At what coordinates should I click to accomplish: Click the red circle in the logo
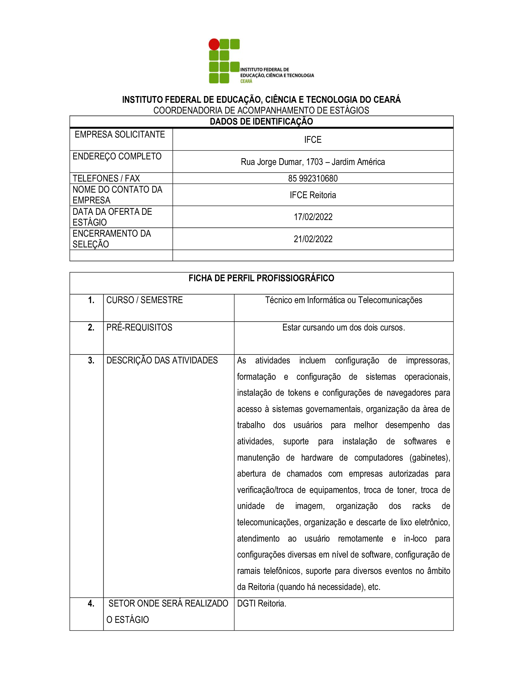pyautogui.click(x=214, y=44)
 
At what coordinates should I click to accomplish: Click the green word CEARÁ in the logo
pyautogui.click(x=246, y=81)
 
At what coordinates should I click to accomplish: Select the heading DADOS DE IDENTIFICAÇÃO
pyautogui.click(x=261, y=122)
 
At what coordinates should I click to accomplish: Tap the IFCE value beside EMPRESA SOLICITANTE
pyautogui.click(x=313, y=140)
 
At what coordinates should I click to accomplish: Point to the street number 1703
pyautogui.click(x=314, y=162)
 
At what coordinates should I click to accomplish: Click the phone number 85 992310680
pyautogui.click(x=313, y=178)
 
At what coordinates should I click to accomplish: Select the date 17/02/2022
pyautogui.click(x=313, y=217)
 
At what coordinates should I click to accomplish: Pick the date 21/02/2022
pyautogui.click(x=313, y=239)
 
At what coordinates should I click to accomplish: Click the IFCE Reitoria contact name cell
pyautogui.click(x=313, y=195)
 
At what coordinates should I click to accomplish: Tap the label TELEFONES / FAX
pyautogui.click(x=106, y=178)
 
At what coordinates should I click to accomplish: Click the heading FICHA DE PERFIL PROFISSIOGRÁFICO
pyautogui.click(x=261, y=278)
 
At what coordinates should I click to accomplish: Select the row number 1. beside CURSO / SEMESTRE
pyautogui.click(x=91, y=300)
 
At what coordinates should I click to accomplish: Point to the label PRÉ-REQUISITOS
pyautogui.click(x=139, y=327)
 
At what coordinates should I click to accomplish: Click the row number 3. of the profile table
pyautogui.click(x=91, y=360)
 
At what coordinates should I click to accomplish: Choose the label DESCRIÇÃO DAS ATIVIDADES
pyautogui.click(x=162, y=360)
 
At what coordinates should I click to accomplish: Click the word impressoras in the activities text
pyautogui.click(x=428, y=361)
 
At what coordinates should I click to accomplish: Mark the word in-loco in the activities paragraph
pyautogui.click(x=415, y=539)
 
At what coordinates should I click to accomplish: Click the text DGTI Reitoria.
pyautogui.click(x=261, y=603)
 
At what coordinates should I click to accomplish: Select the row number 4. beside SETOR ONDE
pyautogui.click(x=91, y=603)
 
